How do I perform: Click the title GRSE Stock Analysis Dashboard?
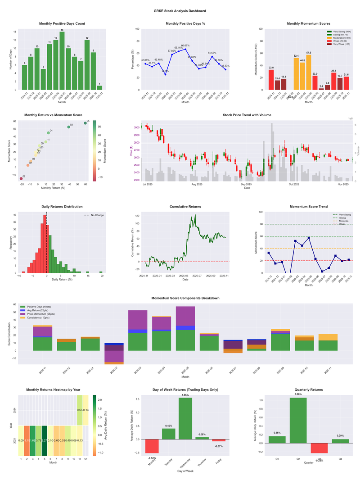[x=180, y=10]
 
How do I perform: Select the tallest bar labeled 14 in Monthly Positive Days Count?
[x=62, y=60]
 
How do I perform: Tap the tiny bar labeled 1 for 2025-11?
[x=99, y=87]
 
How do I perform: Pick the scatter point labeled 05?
[x=85, y=123]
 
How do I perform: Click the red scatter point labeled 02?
[x=21, y=179]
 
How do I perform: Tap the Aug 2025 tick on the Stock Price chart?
[x=197, y=184]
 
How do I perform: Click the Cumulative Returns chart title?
[x=185, y=207]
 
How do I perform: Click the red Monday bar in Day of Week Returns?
[x=152, y=446]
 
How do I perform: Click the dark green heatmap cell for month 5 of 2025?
[x=45, y=440]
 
